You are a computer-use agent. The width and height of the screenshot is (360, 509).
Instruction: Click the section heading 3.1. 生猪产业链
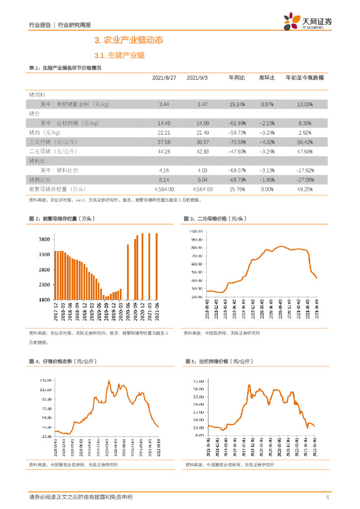[x=119, y=55]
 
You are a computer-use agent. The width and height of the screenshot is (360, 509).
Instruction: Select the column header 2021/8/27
[x=164, y=78]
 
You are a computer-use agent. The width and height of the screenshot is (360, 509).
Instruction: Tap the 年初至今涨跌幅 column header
[x=304, y=78]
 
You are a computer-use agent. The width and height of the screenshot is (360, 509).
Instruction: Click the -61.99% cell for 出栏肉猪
[x=237, y=123]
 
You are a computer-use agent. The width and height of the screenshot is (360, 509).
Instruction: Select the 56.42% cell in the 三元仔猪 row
[x=304, y=142]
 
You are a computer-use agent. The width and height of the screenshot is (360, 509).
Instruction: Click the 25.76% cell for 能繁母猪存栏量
[x=237, y=189]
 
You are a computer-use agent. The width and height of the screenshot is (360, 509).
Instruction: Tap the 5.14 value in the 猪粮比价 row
[x=164, y=179]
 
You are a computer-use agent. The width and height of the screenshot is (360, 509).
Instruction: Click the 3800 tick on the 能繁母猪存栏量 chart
[x=44, y=240]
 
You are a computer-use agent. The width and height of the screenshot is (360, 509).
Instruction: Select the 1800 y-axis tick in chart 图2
[x=44, y=300]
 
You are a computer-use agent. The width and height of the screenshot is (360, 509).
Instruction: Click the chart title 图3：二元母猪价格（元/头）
[x=215, y=219]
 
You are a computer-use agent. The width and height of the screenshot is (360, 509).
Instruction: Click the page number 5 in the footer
[x=327, y=497]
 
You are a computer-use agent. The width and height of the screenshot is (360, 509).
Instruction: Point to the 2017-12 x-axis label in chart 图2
[x=56, y=312]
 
